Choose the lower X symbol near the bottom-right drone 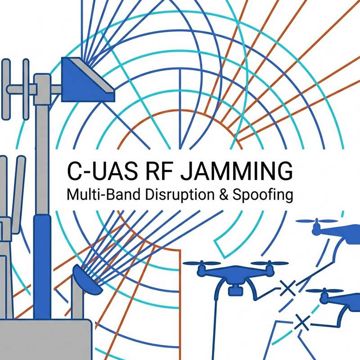[302, 322]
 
